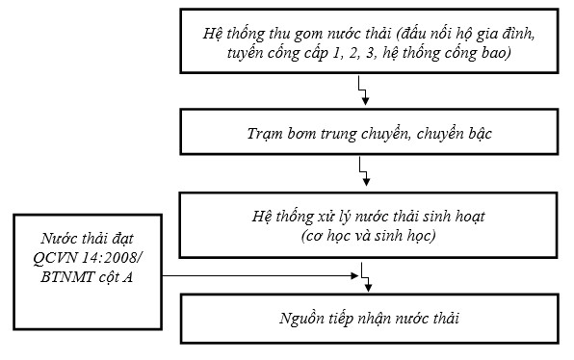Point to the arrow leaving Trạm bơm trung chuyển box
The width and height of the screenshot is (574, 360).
[x=363, y=174]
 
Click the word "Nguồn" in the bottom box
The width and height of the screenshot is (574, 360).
[x=289, y=319]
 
